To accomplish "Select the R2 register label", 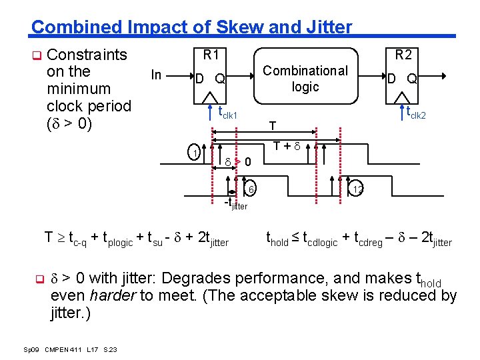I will [403, 55].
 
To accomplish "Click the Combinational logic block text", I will [305, 79].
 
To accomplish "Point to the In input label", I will [156, 75].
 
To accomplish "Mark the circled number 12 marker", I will [357, 190].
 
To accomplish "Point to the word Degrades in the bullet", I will [194, 278].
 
